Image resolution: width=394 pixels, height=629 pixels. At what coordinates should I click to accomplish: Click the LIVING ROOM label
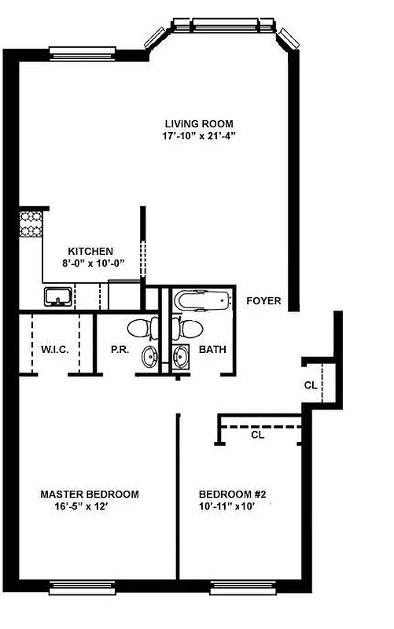pos(199,123)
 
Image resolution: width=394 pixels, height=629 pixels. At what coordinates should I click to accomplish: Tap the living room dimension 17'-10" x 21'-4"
pos(199,135)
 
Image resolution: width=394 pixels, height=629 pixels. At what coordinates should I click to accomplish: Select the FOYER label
pos(263,300)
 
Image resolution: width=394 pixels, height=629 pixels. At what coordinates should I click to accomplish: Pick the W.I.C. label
pos(55,349)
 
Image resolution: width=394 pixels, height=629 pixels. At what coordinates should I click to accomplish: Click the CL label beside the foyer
pos(311,385)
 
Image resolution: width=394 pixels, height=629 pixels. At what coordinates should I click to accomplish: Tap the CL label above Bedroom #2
pos(257,434)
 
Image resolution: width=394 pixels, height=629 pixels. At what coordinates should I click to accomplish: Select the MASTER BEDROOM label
pos(90,495)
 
